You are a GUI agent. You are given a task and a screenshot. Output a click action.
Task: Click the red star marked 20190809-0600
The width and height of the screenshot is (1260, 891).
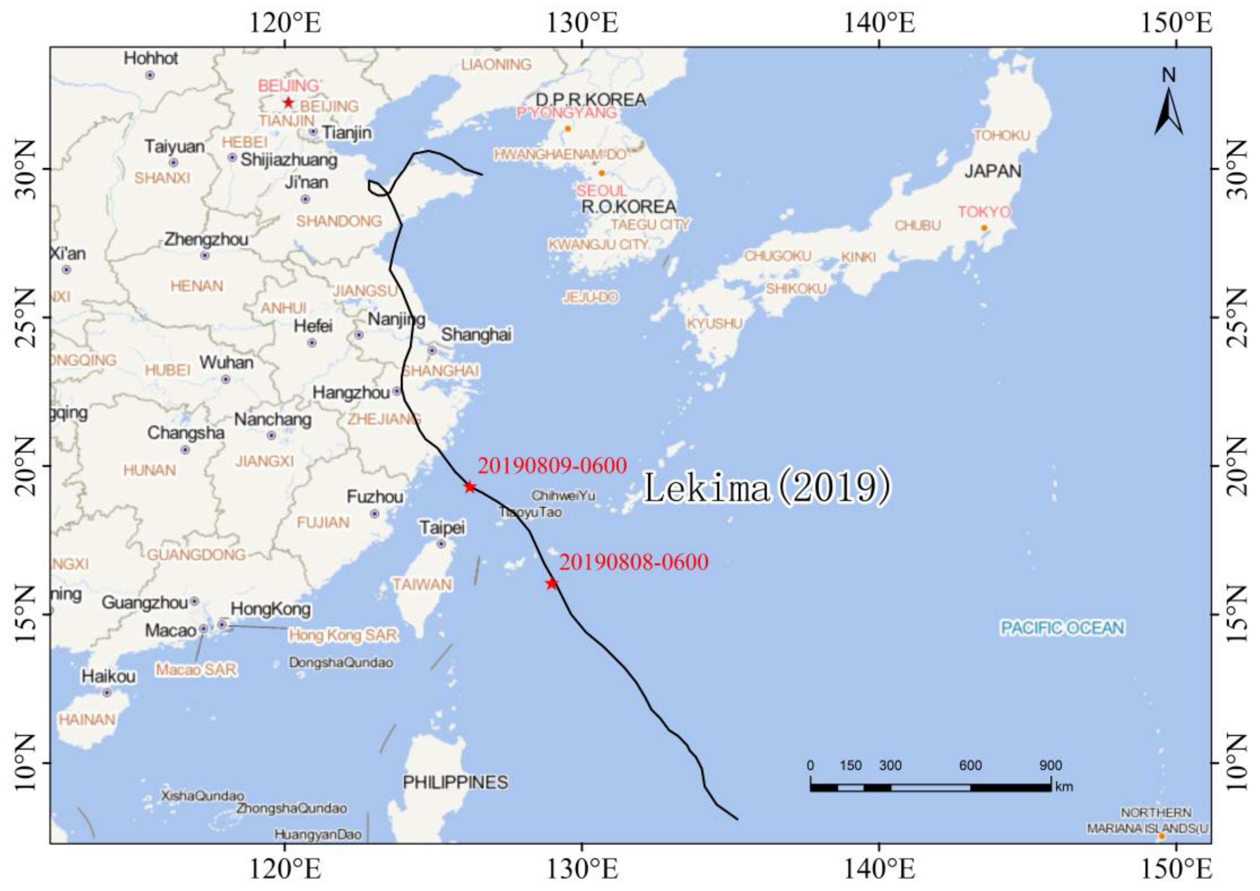[470, 487]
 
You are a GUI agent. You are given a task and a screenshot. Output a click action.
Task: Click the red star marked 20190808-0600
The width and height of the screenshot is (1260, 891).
[552, 583]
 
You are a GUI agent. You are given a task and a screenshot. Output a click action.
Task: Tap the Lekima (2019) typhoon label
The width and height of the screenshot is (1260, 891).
[766, 488]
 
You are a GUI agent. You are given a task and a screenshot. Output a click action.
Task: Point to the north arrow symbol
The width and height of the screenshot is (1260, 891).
[1168, 110]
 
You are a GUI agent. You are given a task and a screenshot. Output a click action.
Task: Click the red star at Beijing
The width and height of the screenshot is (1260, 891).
[288, 103]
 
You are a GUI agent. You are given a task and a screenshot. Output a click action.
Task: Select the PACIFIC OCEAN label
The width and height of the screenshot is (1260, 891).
[1062, 628]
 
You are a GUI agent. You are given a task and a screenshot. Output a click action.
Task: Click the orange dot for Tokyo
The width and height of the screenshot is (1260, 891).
[984, 228]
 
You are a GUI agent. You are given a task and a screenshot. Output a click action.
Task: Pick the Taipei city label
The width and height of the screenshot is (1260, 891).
[442, 528]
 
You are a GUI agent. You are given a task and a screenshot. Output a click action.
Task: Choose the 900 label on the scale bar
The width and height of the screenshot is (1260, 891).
[1050, 765]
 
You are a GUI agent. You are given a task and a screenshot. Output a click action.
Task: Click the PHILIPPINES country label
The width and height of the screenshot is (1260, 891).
[455, 782]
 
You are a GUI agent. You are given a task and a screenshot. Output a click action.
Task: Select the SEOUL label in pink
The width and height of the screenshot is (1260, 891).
[601, 190]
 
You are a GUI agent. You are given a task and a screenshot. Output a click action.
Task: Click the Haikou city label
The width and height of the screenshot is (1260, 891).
[108, 677]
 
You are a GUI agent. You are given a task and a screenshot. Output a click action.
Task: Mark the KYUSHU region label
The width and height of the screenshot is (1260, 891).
[714, 324]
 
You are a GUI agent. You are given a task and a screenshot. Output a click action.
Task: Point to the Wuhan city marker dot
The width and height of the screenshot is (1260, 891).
[226, 379]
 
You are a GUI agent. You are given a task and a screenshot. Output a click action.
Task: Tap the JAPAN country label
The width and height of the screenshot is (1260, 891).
[993, 171]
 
